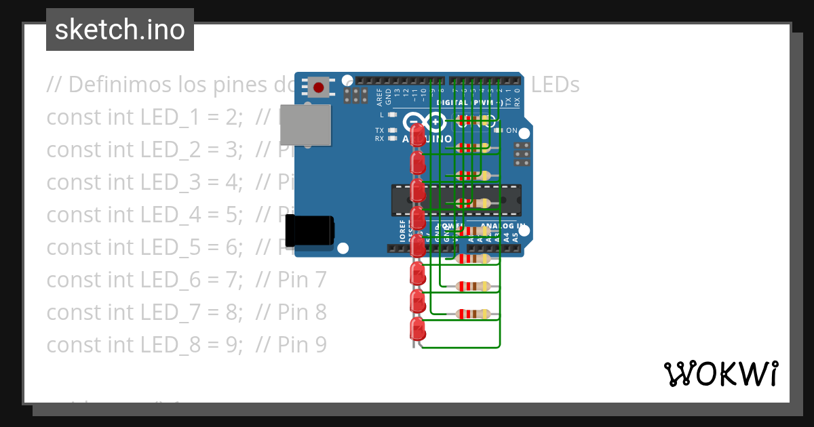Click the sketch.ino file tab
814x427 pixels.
tap(119, 30)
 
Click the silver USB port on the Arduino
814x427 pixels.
tap(305, 125)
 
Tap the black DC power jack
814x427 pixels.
tap(310, 230)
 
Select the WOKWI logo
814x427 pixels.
tap(720, 373)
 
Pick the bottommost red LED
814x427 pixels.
tap(418, 330)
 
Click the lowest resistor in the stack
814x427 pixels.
tap(474, 313)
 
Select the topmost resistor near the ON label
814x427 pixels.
tap(474, 121)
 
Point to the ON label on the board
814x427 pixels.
tap(511, 130)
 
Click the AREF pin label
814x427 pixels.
tap(379, 97)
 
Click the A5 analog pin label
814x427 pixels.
tap(516, 237)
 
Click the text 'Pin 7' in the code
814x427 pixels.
tap(302, 279)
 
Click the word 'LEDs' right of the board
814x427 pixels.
tap(556, 85)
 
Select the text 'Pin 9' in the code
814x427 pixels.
tap(302, 345)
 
